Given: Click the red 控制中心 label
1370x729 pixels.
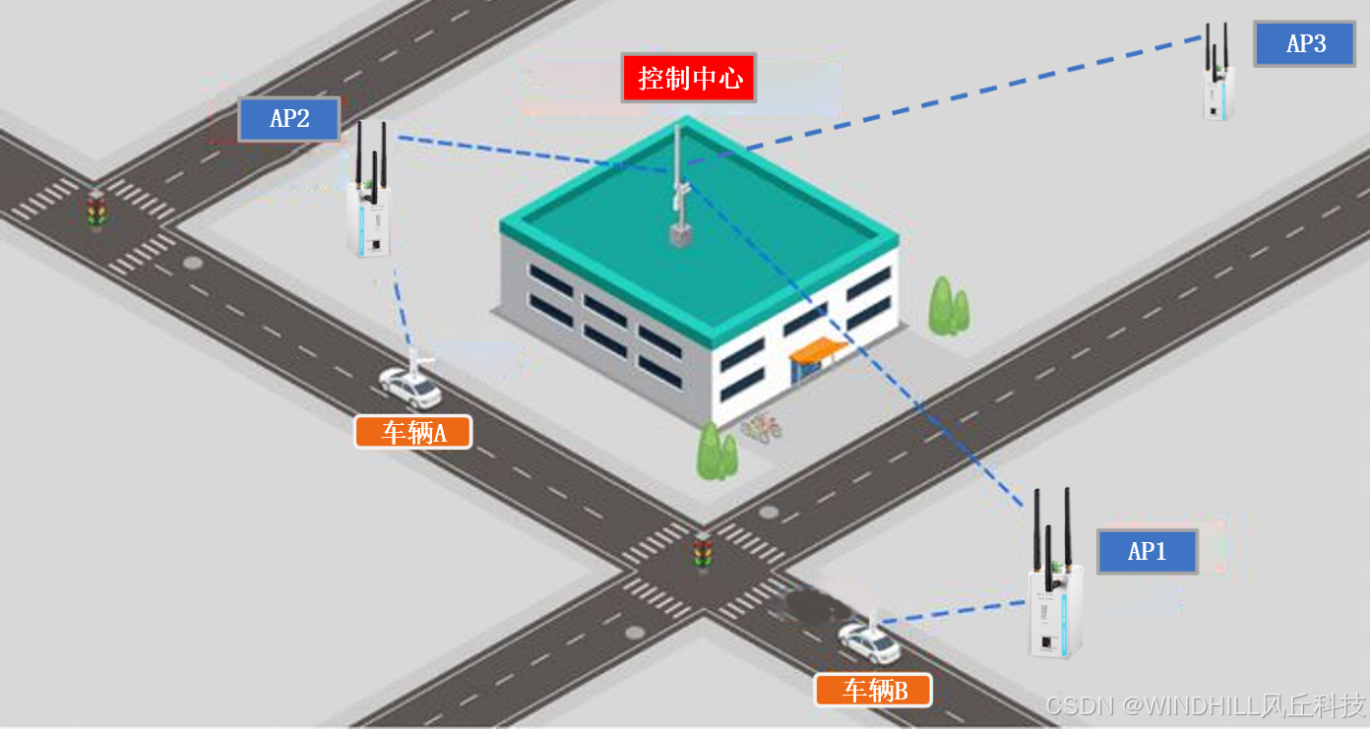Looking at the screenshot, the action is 689,78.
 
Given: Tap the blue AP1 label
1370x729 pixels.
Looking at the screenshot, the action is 1148,552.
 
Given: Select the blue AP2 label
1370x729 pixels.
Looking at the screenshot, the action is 289,119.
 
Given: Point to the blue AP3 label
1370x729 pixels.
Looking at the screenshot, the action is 1305,43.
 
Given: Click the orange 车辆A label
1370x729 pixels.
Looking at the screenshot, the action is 413,432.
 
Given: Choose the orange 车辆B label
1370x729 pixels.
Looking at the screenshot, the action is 873,690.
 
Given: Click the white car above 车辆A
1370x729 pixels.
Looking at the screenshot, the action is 410,387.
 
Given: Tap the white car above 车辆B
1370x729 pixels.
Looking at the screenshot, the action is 868,643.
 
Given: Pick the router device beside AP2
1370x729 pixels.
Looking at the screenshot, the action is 369,216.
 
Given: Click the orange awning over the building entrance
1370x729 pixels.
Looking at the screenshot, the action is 818,348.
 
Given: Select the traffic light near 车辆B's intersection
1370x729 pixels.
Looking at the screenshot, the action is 702,553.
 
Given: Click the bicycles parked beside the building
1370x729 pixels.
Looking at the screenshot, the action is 760,428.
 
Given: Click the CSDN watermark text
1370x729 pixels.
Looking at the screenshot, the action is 1205,705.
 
